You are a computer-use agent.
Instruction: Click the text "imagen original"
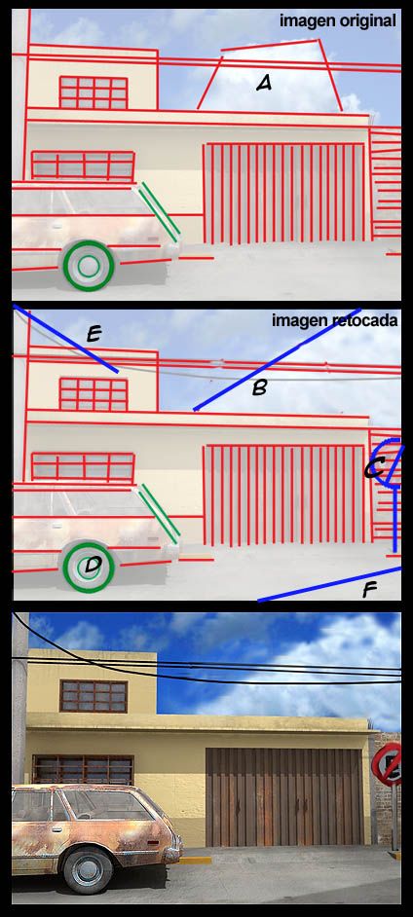338,21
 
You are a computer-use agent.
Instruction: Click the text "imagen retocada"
335,320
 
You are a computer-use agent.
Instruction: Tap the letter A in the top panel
264,85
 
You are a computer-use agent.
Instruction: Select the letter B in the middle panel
259,387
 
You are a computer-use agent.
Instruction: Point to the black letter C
373,468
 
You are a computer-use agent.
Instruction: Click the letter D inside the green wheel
93,566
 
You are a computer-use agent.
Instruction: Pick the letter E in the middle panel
94,335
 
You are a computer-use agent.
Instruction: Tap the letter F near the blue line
369,591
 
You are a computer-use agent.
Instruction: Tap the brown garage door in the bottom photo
283,796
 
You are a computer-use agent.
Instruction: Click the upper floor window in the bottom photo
94,696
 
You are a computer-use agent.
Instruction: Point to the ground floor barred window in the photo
83,770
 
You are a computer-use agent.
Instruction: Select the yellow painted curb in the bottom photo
196,861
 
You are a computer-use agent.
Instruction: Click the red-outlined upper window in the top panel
94,92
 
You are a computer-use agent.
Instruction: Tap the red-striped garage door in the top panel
284,193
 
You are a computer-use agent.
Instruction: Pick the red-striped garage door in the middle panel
284,495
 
